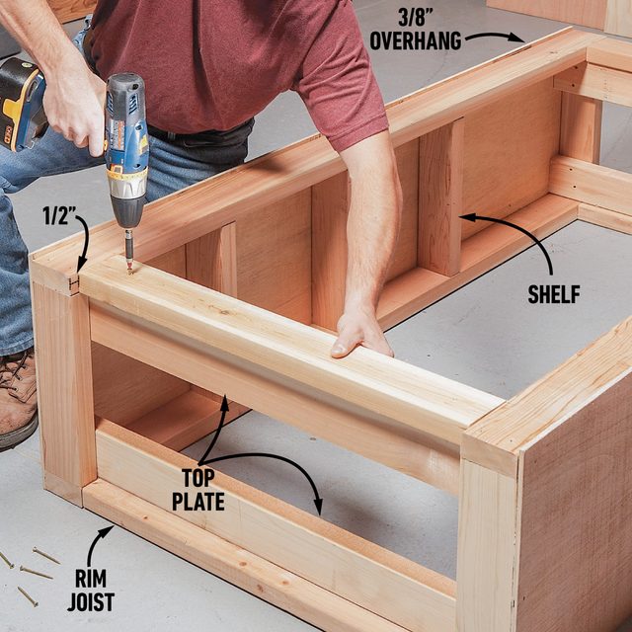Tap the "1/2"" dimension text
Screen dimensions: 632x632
pyautogui.click(x=54, y=214)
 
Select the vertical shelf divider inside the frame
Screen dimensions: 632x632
pyautogui.click(x=440, y=197)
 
